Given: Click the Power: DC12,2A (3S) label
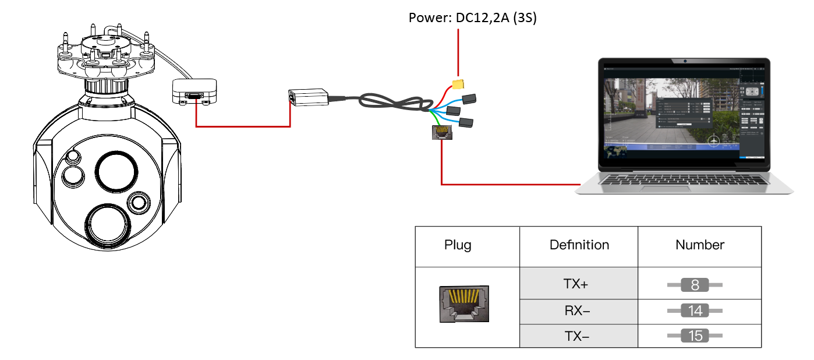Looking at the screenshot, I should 472,18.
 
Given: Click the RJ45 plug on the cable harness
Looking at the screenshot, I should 441,133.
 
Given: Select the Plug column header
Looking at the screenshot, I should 458,245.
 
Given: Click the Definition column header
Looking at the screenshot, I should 579,245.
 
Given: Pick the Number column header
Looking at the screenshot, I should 700,245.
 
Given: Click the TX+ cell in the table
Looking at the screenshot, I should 576,284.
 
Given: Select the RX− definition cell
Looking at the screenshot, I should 577,311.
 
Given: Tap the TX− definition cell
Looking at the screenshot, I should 577,336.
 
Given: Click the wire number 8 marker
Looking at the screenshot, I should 695,285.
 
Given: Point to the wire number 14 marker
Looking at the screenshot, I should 695,311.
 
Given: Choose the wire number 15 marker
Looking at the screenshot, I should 695,336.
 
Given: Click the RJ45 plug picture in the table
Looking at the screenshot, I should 463,304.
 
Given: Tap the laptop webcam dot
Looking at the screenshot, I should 686,61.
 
